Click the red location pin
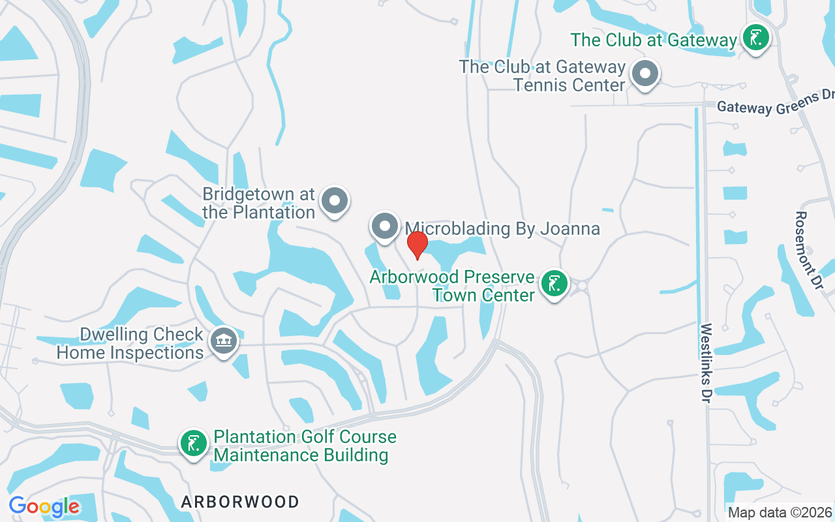[417, 245]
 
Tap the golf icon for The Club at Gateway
[755, 37]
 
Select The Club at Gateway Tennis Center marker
[645, 73]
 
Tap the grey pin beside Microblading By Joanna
[385, 226]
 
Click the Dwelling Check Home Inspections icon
[224, 341]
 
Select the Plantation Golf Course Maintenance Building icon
[193, 444]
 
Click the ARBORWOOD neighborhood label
[240, 502]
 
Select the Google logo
[44, 506]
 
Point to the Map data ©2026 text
[780, 512]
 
